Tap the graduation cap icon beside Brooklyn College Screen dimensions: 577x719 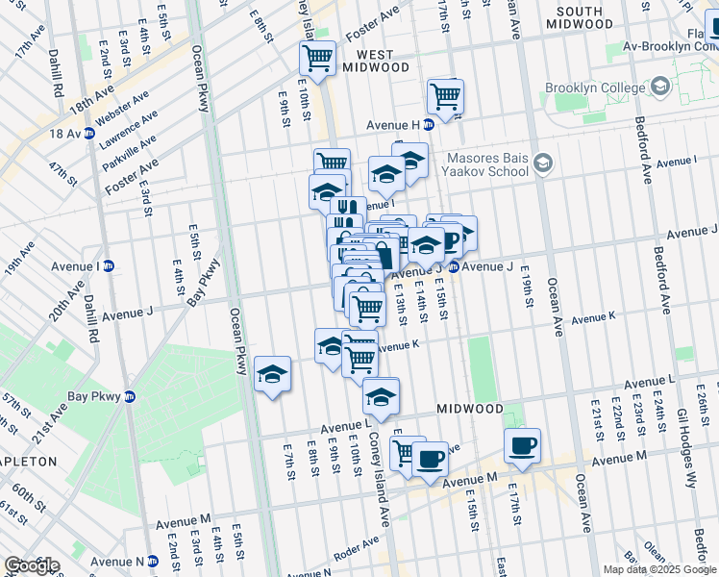pyautogui.click(x=660, y=88)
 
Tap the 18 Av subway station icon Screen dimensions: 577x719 pyautogui.click(x=88, y=134)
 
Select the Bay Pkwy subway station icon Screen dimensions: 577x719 pyautogui.click(x=131, y=396)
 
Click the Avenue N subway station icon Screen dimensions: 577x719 pyautogui.click(x=153, y=562)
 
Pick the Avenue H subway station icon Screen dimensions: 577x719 pyautogui.click(x=429, y=124)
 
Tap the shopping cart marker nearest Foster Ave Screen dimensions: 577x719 pyautogui.click(x=317, y=57)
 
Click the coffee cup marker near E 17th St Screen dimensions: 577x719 pyautogui.click(x=522, y=444)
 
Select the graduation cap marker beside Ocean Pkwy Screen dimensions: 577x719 pyautogui.click(x=273, y=373)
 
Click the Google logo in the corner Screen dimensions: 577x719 pyautogui.click(x=32, y=565)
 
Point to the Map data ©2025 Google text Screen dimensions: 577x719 pyautogui.click(x=659, y=569)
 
